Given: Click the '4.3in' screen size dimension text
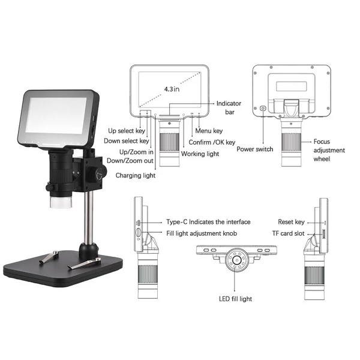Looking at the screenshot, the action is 172,89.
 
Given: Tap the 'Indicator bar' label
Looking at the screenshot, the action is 229,107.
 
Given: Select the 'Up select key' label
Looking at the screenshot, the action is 127,131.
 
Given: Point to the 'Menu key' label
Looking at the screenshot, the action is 209,131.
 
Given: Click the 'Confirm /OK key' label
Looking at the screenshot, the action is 212,142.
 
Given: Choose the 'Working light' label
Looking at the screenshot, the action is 200,154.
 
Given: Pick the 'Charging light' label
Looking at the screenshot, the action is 136,175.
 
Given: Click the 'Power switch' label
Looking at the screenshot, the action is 255,149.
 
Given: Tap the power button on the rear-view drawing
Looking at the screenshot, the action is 263,108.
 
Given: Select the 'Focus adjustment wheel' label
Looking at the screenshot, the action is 329,150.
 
